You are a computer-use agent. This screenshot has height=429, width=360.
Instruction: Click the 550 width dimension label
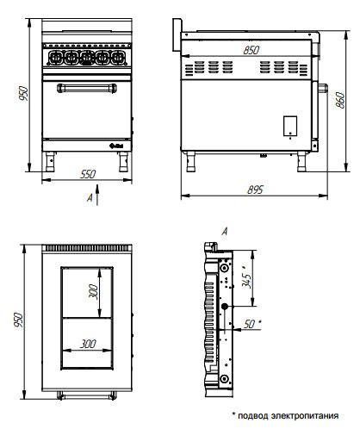(x=88, y=174)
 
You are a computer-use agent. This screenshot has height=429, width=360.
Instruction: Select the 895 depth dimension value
(x=255, y=190)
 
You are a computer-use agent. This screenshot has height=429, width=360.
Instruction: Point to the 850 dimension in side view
(x=251, y=50)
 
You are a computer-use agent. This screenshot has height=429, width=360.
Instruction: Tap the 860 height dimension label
(x=340, y=100)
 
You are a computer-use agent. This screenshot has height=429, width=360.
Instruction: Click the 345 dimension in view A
(x=246, y=277)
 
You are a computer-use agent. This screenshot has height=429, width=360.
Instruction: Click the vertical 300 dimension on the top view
(x=93, y=292)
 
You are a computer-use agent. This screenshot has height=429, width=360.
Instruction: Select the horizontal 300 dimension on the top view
(x=88, y=344)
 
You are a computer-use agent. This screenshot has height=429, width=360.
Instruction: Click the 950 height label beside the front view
(x=23, y=93)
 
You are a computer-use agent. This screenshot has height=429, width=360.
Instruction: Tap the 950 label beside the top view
(x=18, y=320)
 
